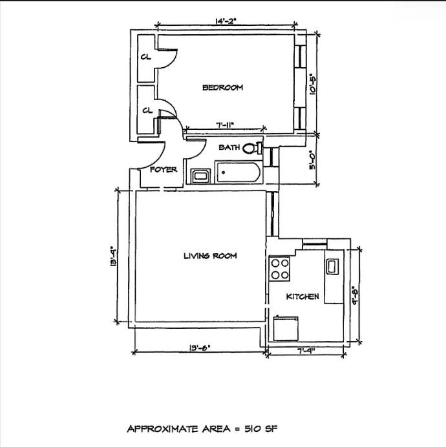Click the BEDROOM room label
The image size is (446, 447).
coord(222,88)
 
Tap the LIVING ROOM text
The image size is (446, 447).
coord(210,256)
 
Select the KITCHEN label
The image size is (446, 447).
coord(303,296)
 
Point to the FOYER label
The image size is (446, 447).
coord(164,170)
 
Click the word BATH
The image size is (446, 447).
coord(229,147)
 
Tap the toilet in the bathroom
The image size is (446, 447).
coord(251,147)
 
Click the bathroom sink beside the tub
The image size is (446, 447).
coord(200,174)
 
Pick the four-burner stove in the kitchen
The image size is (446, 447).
coord(280,269)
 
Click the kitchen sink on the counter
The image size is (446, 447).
coord(333,266)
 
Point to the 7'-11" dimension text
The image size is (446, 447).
coord(224,126)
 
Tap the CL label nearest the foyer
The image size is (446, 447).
coord(147,110)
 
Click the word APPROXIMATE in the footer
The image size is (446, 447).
coord(162,429)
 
